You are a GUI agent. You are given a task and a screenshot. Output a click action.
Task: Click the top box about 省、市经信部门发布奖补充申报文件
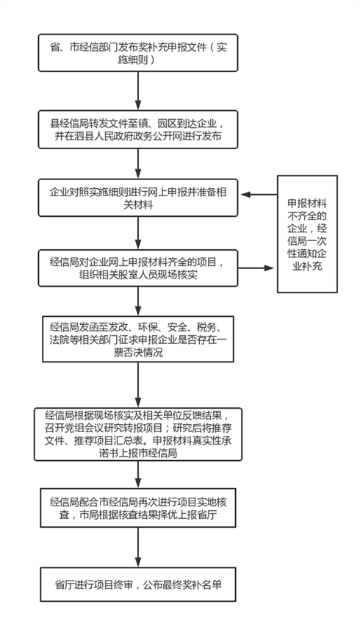pyautogui.click(x=138, y=53)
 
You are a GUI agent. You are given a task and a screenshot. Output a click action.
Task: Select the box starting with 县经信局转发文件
pyautogui.click(x=138, y=130)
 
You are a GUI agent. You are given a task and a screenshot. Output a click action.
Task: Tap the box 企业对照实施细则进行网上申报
pyautogui.click(x=138, y=198)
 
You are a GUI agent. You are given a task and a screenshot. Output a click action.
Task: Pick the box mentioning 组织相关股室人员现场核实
pyautogui.click(x=138, y=268)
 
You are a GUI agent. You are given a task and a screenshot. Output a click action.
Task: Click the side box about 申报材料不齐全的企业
pyautogui.click(x=307, y=234)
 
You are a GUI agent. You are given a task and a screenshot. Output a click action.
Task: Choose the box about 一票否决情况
pyautogui.click(x=138, y=339)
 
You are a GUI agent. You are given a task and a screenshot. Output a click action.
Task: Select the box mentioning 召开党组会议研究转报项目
pyautogui.click(x=138, y=434)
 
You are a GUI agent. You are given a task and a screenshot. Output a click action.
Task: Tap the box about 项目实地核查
pyautogui.click(x=138, y=508)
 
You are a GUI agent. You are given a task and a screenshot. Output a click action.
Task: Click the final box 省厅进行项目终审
pyautogui.click(x=138, y=584)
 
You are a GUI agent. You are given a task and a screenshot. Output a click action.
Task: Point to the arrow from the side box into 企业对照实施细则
pyautogui.click(x=259, y=195)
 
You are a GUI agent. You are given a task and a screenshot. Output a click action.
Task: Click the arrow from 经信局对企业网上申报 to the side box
pyautogui.click(x=256, y=268)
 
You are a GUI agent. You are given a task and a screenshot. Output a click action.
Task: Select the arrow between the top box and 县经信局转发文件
pyautogui.click(x=138, y=90)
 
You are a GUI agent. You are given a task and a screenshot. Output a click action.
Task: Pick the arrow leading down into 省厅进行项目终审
pyautogui.click(x=138, y=547)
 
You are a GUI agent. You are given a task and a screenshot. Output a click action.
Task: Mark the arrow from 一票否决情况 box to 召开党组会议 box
pyautogui.click(x=138, y=385)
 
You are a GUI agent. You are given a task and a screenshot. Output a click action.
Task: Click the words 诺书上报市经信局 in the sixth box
pyautogui.click(x=138, y=453)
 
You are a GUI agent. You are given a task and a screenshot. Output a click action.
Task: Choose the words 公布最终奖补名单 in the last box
pyautogui.click(x=182, y=584)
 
